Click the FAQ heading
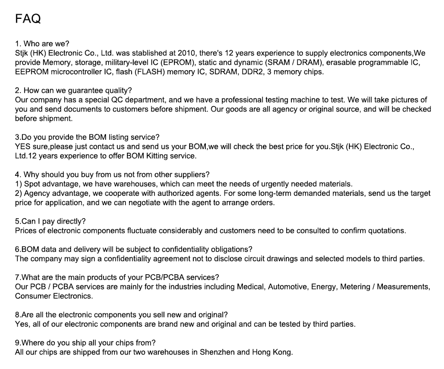pyautogui.click(x=28, y=19)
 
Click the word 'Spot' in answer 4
pyautogui.click(x=33, y=184)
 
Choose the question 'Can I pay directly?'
pyautogui.click(x=51, y=221)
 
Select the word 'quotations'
pyautogui.click(x=386, y=230)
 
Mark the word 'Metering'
pyautogui.click(x=355, y=287)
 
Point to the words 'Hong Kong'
pyautogui.click(x=272, y=352)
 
